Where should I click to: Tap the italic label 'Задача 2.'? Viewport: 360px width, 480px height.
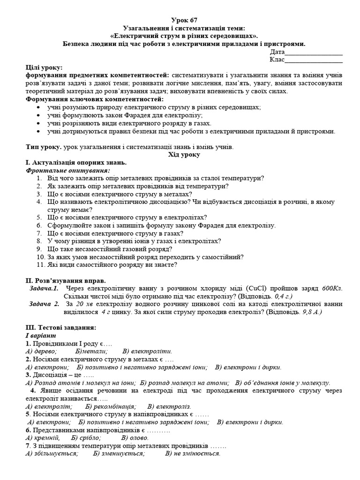[44, 304]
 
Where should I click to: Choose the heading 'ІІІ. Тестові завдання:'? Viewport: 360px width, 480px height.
[61, 327]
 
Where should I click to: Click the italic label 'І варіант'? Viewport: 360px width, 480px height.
[41, 336]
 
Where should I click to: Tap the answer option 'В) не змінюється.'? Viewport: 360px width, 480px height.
[193, 454]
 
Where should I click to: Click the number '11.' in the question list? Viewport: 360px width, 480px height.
[40, 265]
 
